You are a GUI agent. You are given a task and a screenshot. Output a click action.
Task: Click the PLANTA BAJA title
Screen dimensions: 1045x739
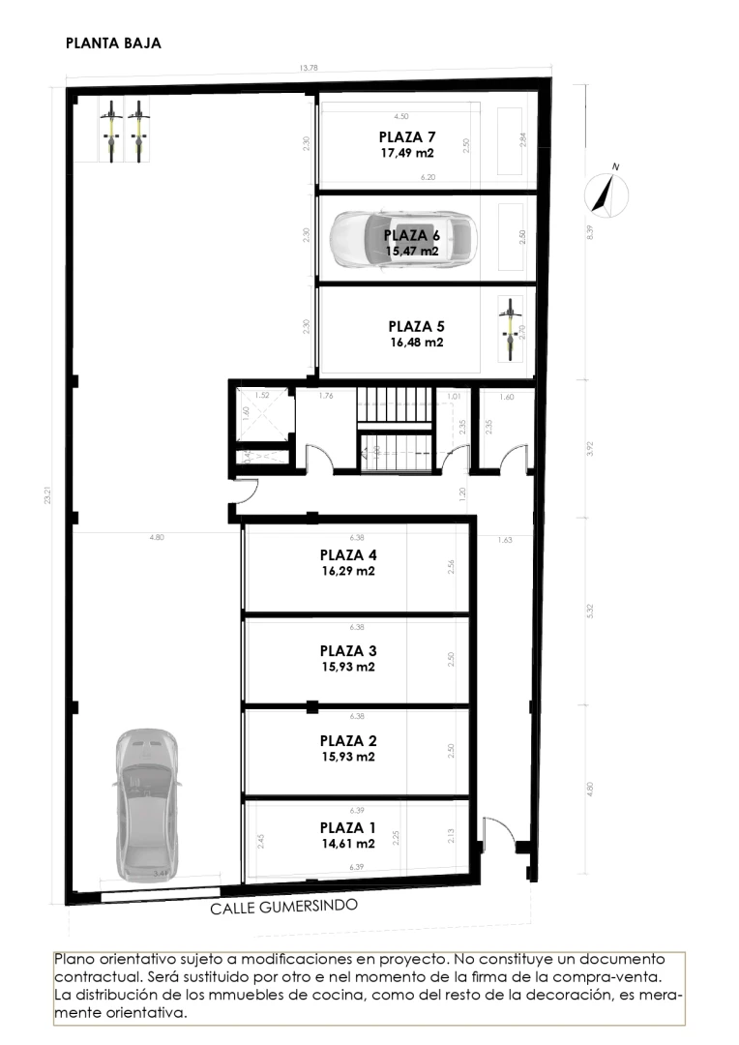[x=113, y=43]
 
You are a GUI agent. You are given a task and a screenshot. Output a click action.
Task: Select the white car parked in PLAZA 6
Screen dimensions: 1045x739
[x=402, y=239]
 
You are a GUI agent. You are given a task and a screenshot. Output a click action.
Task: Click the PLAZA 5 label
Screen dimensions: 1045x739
[x=415, y=326]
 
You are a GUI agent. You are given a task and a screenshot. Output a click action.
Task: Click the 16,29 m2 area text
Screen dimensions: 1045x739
[x=348, y=572]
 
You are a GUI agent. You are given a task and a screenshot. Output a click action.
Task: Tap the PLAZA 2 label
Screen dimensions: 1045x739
[x=348, y=740]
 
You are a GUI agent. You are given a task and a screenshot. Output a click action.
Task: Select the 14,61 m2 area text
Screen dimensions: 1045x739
[x=348, y=844]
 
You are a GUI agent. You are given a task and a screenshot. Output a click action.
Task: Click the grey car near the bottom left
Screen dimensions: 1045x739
[x=145, y=798]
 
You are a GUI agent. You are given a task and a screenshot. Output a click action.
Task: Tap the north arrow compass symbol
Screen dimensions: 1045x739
[x=607, y=190]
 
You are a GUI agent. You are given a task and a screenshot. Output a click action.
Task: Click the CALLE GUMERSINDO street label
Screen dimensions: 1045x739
[x=284, y=908]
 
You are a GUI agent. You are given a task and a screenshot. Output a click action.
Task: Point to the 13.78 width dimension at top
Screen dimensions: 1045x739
[x=309, y=68]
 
